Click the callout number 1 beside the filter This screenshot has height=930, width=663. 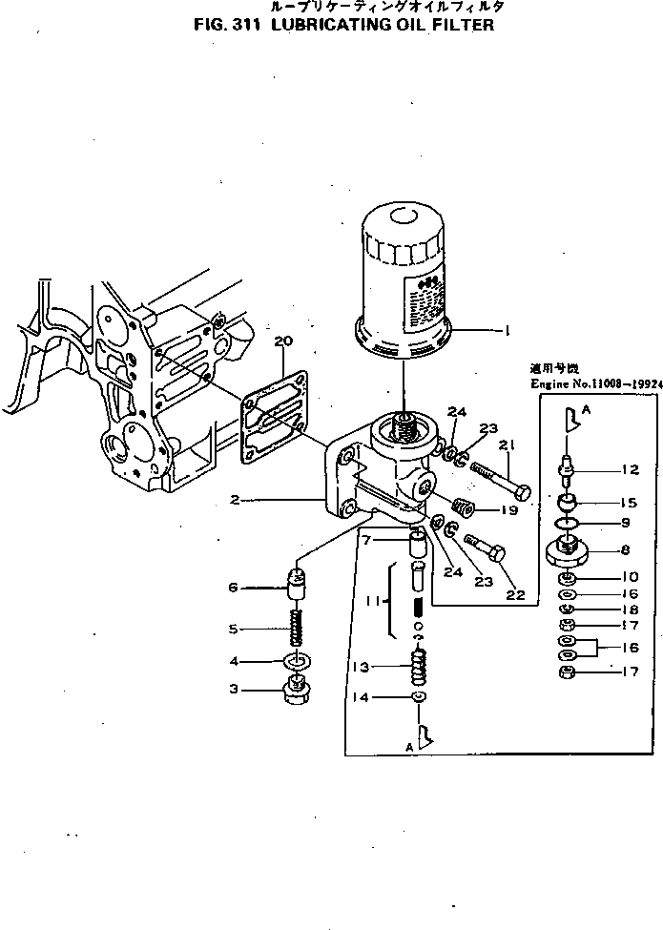[508, 331]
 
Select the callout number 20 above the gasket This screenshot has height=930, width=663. [281, 341]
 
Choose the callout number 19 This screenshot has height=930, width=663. [509, 511]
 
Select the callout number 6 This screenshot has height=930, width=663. [233, 589]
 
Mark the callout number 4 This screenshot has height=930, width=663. [234, 661]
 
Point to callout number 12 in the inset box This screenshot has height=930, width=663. [629, 468]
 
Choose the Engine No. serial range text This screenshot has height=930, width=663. [595, 383]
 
